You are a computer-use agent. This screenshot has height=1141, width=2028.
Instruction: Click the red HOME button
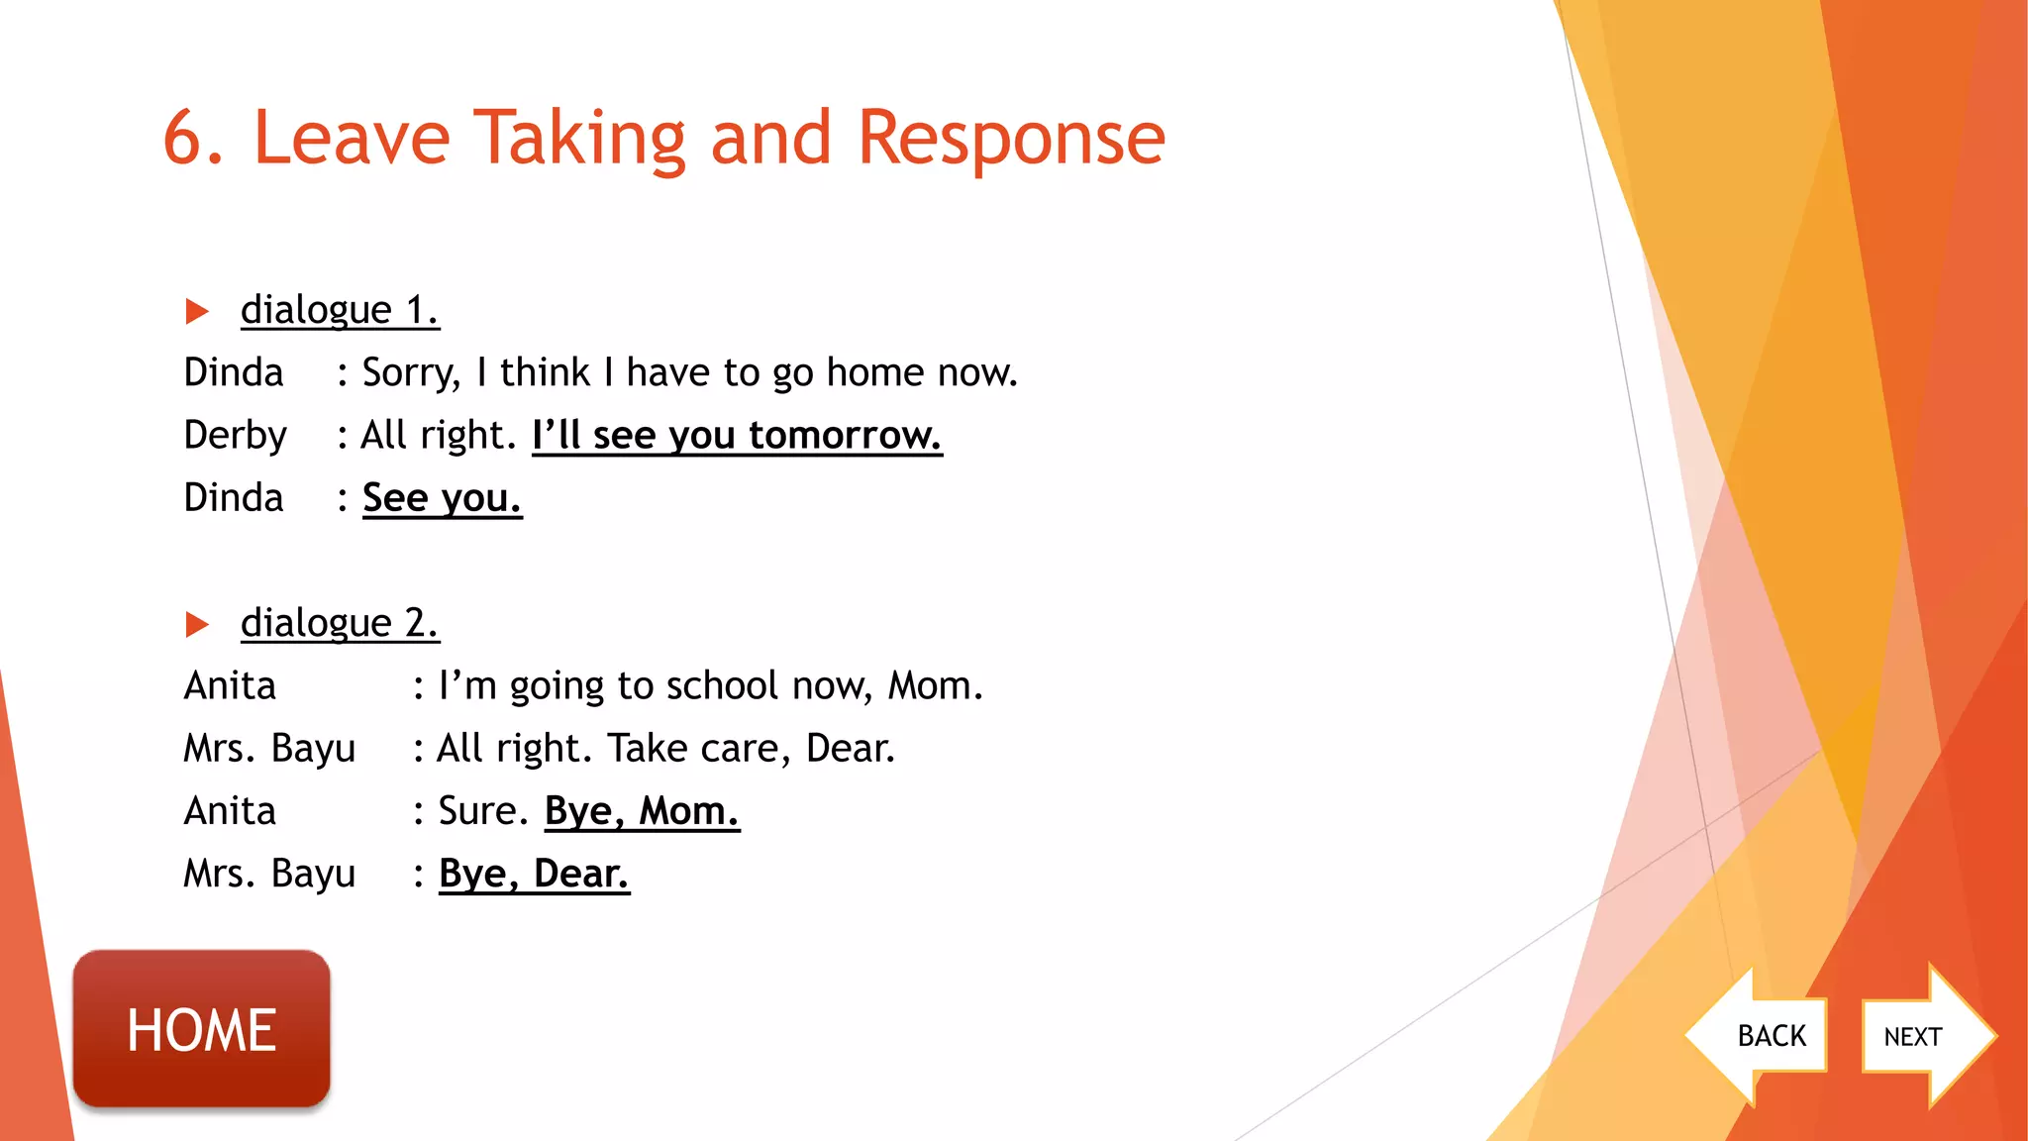pyautogui.click(x=201, y=1029)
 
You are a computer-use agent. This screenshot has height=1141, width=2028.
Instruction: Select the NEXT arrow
pyautogui.click(x=1921, y=1036)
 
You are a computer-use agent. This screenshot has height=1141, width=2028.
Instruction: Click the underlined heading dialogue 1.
pyautogui.click(x=339, y=310)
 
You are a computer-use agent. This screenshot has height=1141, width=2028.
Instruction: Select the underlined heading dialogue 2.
pyautogui.click(x=339, y=623)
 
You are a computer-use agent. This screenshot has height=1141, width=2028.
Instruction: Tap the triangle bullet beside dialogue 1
pyautogui.click(x=197, y=312)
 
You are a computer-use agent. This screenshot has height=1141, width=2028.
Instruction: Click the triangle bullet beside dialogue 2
pyautogui.click(x=197, y=625)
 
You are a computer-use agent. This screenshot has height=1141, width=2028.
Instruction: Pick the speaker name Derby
pyautogui.click(x=236, y=435)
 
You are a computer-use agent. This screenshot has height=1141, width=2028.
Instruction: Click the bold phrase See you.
pyautogui.click(x=442, y=497)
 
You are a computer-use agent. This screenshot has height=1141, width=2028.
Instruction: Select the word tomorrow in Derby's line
pyautogui.click(x=845, y=435)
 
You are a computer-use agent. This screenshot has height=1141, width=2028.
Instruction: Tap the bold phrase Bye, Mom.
pyautogui.click(x=642, y=811)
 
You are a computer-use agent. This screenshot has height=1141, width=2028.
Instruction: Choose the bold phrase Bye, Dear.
pyautogui.click(x=534, y=874)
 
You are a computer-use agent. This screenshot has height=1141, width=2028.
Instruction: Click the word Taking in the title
pyautogui.click(x=579, y=139)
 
